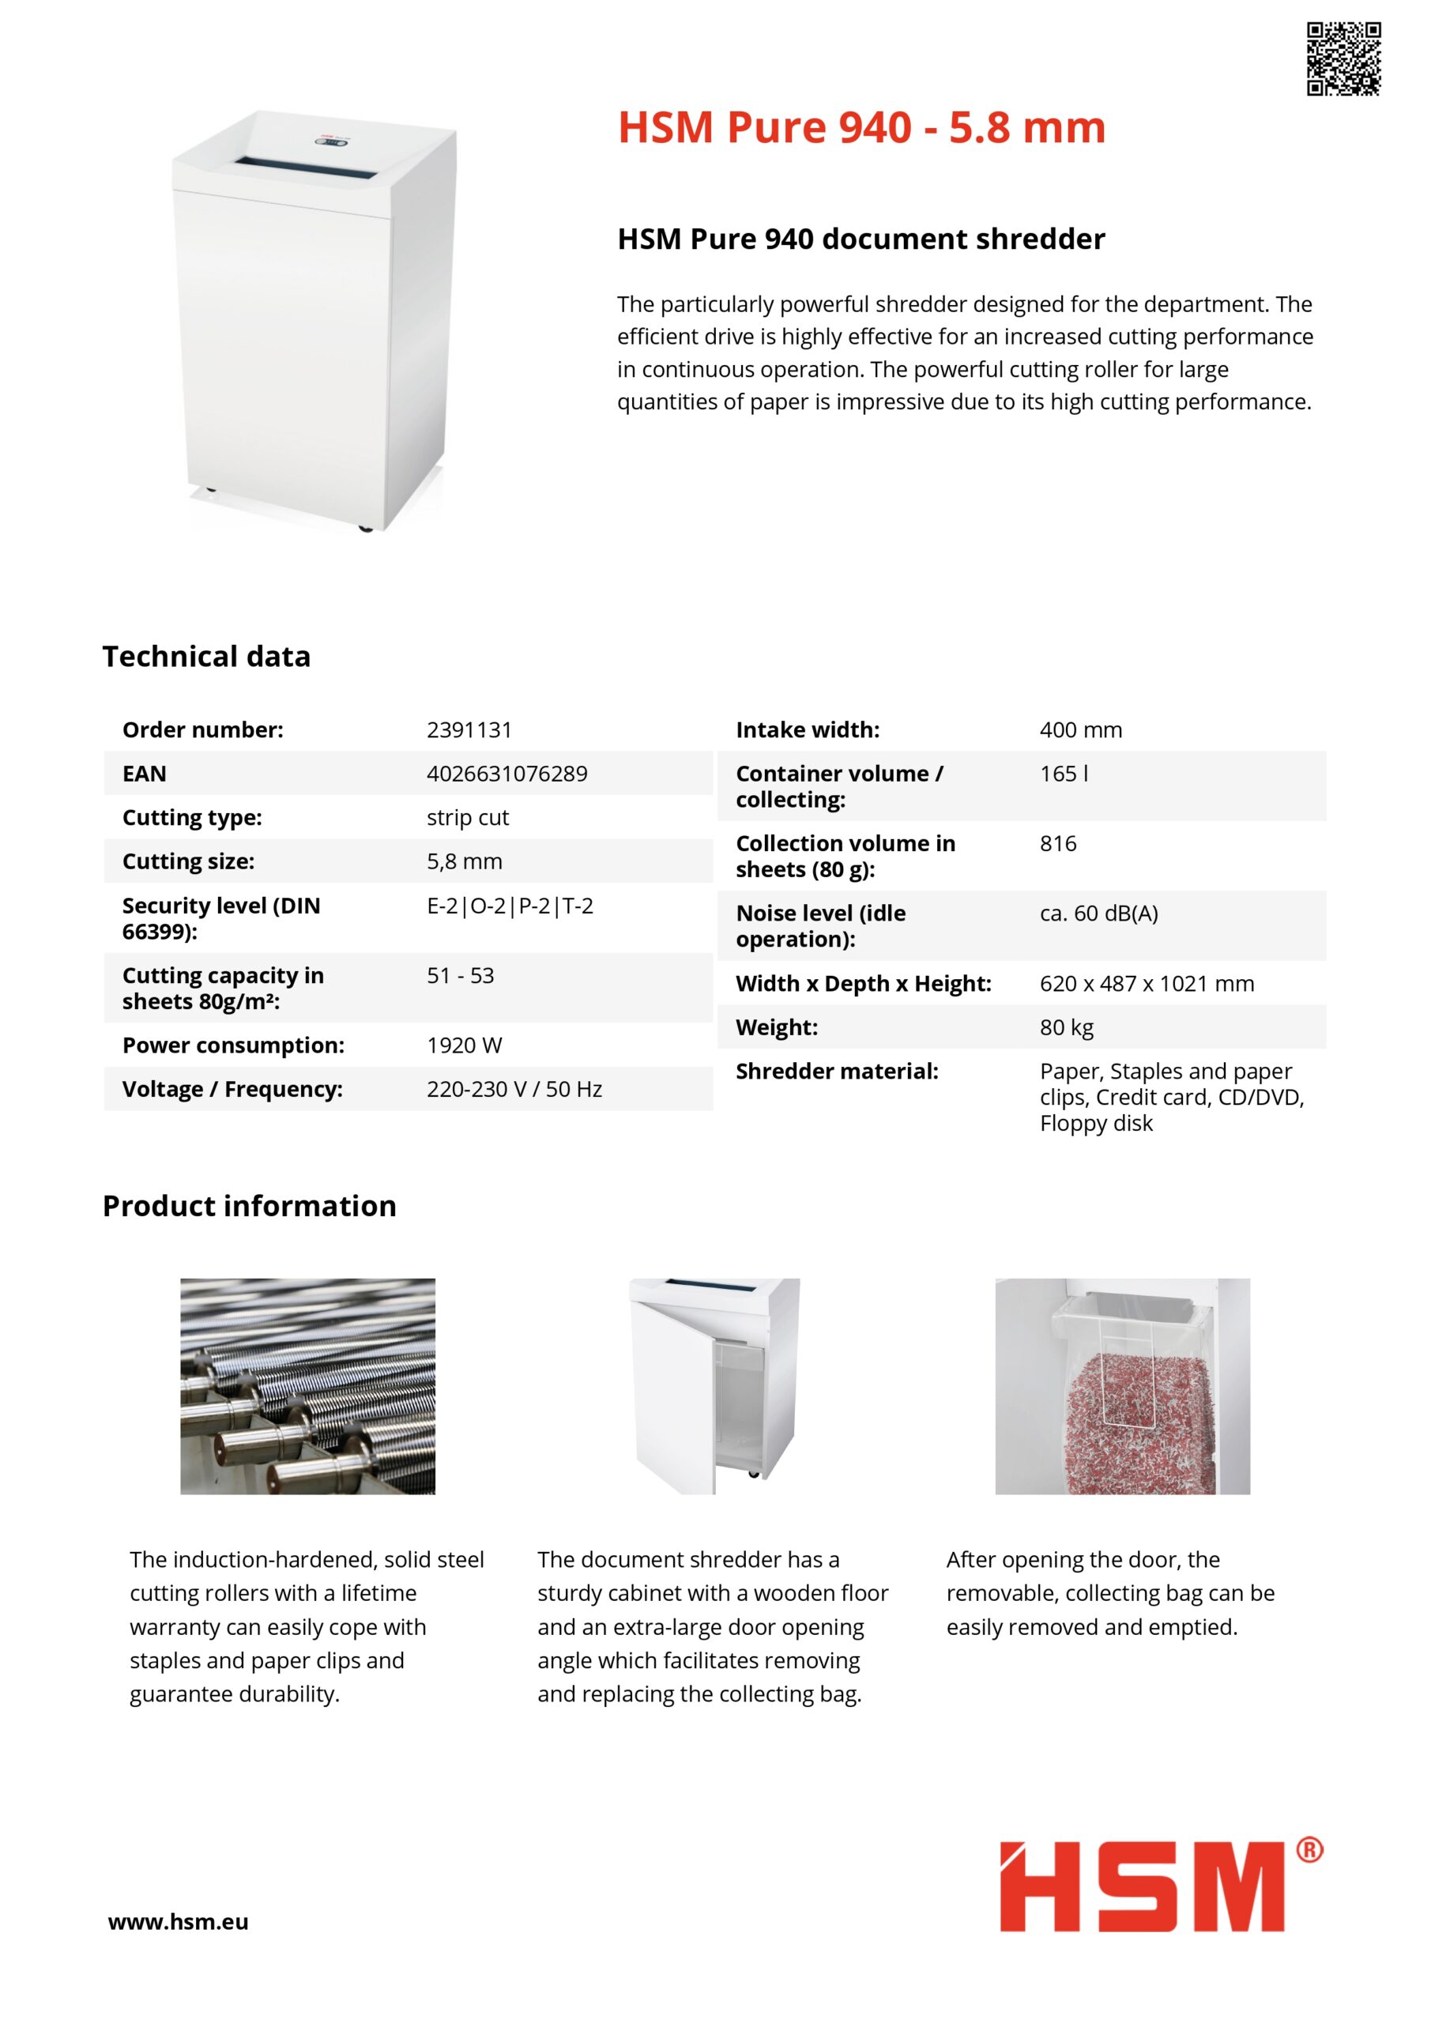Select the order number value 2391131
tap(469, 729)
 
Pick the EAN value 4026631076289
tap(506, 774)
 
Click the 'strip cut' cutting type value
tap(467, 818)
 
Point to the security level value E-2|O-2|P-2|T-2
tap(510, 906)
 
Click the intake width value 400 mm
tap(1080, 729)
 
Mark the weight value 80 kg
tap(1066, 1027)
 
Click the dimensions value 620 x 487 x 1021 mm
tap(1147, 983)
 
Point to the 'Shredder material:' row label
tap(836, 1072)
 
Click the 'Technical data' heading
tap(206, 657)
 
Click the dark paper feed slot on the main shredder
tap(314, 164)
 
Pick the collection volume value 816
tap(1057, 843)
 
